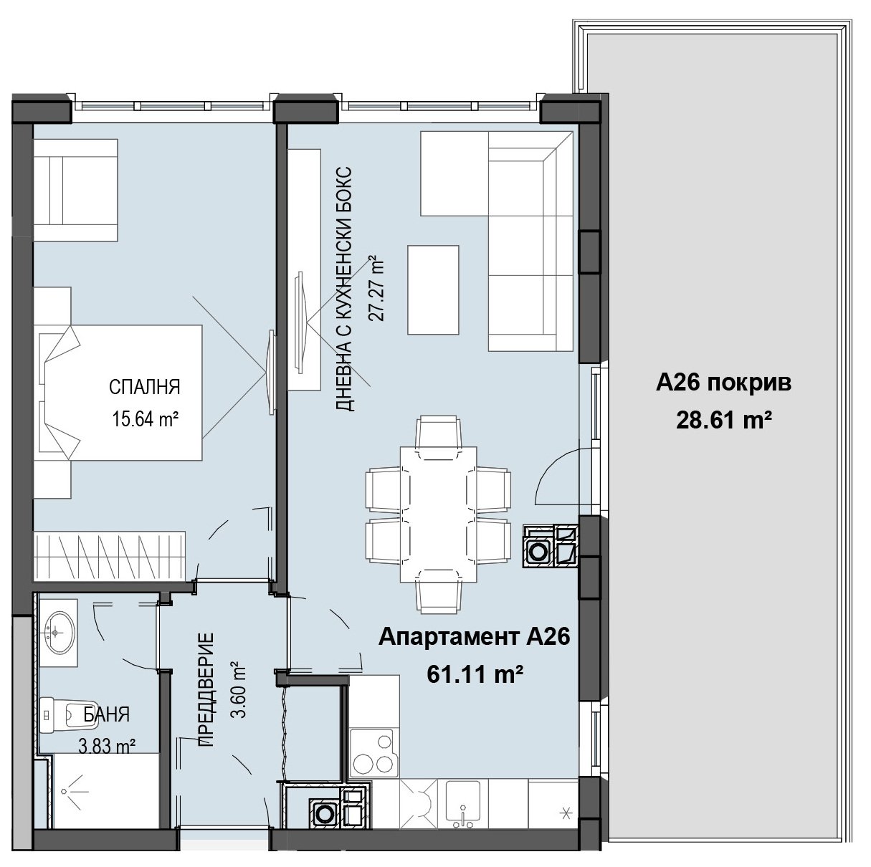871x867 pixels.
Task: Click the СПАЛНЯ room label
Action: pyautogui.click(x=145, y=387)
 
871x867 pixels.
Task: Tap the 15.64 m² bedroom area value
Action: pyautogui.click(x=146, y=419)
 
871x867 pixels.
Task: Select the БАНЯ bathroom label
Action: pyautogui.click(x=107, y=715)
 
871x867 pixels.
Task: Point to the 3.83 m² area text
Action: pyautogui.click(x=107, y=746)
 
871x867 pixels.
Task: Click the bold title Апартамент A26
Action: pyautogui.click(x=474, y=637)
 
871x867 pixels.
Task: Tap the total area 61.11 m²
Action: pyautogui.click(x=475, y=674)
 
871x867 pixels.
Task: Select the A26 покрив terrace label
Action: pyautogui.click(x=723, y=384)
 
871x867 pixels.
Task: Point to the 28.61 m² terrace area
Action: pyautogui.click(x=723, y=421)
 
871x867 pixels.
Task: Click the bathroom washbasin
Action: pyautogui.click(x=60, y=632)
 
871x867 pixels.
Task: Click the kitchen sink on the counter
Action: pyautogui.click(x=462, y=808)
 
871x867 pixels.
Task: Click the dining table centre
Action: pyautogui.click(x=439, y=514)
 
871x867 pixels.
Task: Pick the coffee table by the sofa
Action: pyautogui.click(x=433, y=290)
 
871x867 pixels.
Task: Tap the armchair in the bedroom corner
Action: pyautogui.click(x=76, y=190)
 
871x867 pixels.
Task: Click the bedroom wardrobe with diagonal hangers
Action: pyautogui.click(x=110, y=556)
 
